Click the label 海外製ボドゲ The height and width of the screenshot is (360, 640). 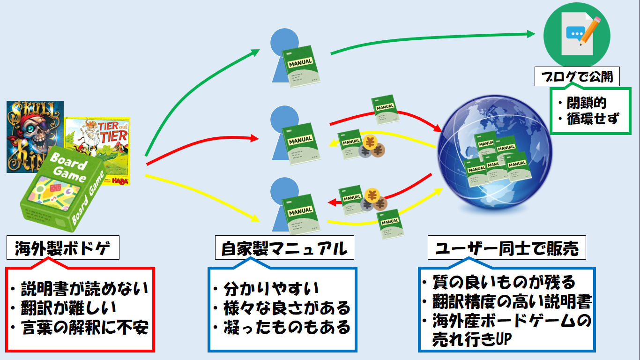click(63, 247)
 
